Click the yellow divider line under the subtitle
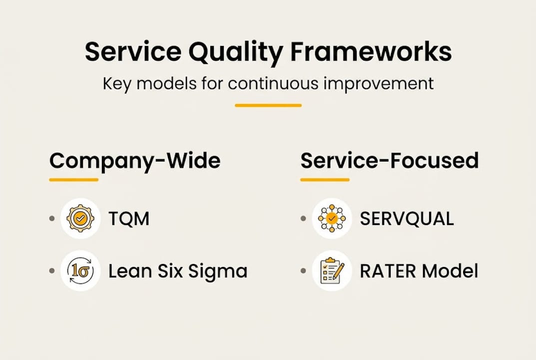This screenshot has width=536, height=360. [268, 105]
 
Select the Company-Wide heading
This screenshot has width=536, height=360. [135, 161]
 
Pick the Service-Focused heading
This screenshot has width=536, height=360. [389, 161]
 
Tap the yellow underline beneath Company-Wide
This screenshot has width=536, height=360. [73, 179]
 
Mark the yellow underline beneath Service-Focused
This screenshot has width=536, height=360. [324, 179]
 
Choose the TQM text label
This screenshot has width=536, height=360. [129, 219]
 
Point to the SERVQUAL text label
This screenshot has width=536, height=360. [407, 219]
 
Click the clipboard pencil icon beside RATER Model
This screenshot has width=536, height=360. [332, 271]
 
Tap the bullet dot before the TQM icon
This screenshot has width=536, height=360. [52, 219]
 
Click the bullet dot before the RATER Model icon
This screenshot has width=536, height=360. [303, 271]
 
